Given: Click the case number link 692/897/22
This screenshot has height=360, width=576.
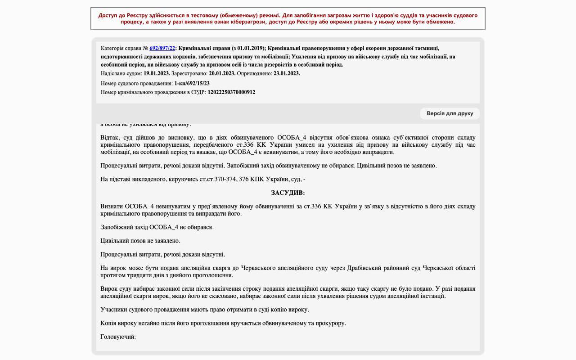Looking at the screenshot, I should tap(162, 48).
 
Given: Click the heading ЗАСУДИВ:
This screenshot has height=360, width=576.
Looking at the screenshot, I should tap(288, 193).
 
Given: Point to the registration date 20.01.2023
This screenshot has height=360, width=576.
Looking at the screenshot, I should tap(222, 73).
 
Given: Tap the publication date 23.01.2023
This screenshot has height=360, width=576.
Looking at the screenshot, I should tap(287, 73).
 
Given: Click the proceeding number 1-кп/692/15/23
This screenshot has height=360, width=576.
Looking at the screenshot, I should tap(192, 83).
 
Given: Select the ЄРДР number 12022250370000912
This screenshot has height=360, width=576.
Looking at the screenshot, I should tap(231, 92).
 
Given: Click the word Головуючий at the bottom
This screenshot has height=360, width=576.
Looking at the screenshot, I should tap(117, 337).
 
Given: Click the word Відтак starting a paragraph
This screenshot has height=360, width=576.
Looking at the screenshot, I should tap(109, 138).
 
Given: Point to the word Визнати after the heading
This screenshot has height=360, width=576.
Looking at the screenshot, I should tap(111, 207).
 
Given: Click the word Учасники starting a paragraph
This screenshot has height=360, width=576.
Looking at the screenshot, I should tap(113, 310).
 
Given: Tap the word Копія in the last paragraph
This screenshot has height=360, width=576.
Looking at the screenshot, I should tap(109, 323).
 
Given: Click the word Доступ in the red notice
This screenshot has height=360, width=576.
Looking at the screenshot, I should tap(108, 15).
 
